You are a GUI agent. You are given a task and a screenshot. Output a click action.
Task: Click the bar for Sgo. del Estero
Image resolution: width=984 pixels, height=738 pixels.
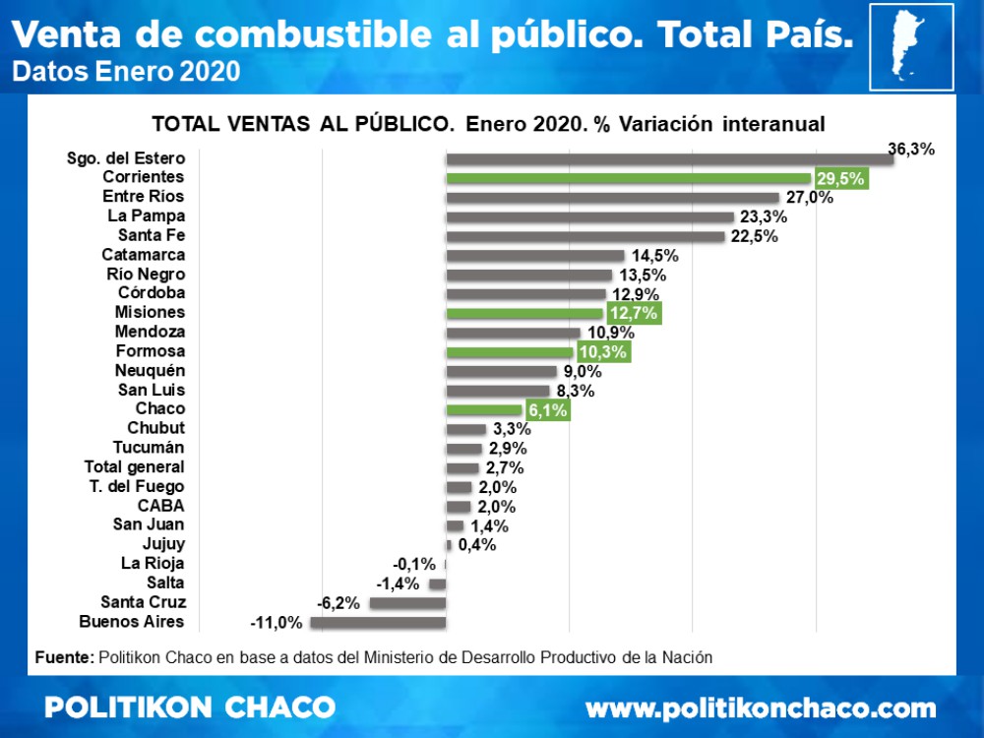tap(669, 158)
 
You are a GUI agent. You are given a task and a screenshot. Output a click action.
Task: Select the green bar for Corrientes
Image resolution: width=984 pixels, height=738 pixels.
tap(628, 178)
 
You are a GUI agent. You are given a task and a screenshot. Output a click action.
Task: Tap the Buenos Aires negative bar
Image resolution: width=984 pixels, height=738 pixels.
tap(378, 622)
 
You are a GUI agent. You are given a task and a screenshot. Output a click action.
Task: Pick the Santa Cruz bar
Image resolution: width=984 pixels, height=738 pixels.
tap(407, 602)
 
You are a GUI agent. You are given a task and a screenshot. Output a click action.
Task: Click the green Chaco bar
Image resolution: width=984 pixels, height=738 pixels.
tap(484, 409)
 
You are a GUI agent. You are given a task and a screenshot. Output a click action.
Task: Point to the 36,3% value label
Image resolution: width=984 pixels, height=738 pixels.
tap(910, 149)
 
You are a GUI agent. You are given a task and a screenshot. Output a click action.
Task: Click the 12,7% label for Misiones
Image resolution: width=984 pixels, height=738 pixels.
tap(633, 313)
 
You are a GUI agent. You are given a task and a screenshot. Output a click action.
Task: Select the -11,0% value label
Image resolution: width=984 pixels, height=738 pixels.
tap(277, 622)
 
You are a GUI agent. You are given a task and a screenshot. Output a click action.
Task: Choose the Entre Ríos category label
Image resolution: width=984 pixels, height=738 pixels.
tap(144, 197)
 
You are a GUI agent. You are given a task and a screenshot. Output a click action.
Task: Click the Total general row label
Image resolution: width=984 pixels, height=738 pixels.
tap(135, 467)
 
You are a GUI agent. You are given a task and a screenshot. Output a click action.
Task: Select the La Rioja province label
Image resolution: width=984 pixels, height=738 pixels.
tap(153, 564)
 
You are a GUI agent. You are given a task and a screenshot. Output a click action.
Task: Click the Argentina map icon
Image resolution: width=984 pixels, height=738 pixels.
tap(911, 46)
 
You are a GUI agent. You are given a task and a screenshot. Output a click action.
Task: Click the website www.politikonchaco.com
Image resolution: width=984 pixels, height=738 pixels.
tap(761, 707)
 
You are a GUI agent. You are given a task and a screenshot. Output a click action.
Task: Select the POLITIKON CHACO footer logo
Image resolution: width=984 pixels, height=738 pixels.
tap(190, 707)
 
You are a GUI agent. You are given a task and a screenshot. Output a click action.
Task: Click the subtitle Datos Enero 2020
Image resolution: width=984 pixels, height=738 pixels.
tap(125, 72)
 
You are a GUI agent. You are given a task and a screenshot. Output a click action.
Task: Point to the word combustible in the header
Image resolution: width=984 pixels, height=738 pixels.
tap(312, 34)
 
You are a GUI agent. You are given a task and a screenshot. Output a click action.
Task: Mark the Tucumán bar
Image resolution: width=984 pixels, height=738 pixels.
tap(464, 449)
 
